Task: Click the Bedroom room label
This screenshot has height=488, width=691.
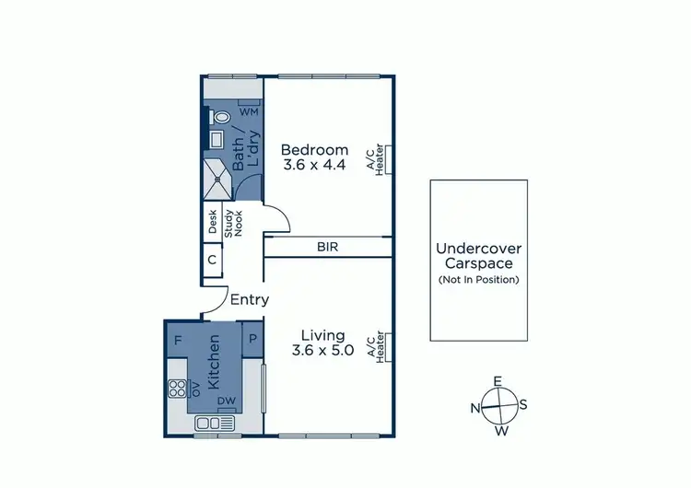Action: (x=315, y=150)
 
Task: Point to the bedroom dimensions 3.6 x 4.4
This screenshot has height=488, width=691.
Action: (x=315, y=167)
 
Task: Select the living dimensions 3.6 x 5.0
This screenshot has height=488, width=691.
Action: (x=322, y=350)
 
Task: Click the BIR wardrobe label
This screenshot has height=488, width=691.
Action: (x=326, y=247)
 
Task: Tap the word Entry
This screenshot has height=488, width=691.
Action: (x=250, y=299)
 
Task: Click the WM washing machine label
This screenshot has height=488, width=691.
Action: (x=248, y=111)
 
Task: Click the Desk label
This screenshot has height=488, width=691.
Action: (x=212, y=221)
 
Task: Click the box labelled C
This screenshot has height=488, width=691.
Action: (x=212, y=260)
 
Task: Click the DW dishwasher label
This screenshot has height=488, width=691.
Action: (x=226, y=401)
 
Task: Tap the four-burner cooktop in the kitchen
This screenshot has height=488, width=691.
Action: (x=178, y=389)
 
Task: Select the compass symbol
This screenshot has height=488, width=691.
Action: (x=498, y=406)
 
